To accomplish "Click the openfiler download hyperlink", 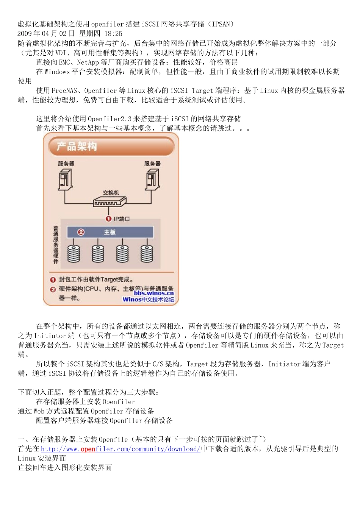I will tap(121, 449).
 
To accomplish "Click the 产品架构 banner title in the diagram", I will tap(77, 147).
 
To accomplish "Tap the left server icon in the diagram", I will tap(65, 180).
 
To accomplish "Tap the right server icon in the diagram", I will tap(152, 180).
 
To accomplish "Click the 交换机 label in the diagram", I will tap(111, 193).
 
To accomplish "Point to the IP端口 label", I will tap(122, 219).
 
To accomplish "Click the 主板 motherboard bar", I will tap(110, 232).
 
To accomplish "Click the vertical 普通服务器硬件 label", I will tap(56, 245).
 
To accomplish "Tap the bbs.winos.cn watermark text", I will tap(153, 293).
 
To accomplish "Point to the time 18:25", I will tap(113, 34).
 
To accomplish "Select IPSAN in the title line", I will tap(221, 24).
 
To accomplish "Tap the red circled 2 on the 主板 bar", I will tap(81, 232).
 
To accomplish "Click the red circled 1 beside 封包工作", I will tap(53, 280).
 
